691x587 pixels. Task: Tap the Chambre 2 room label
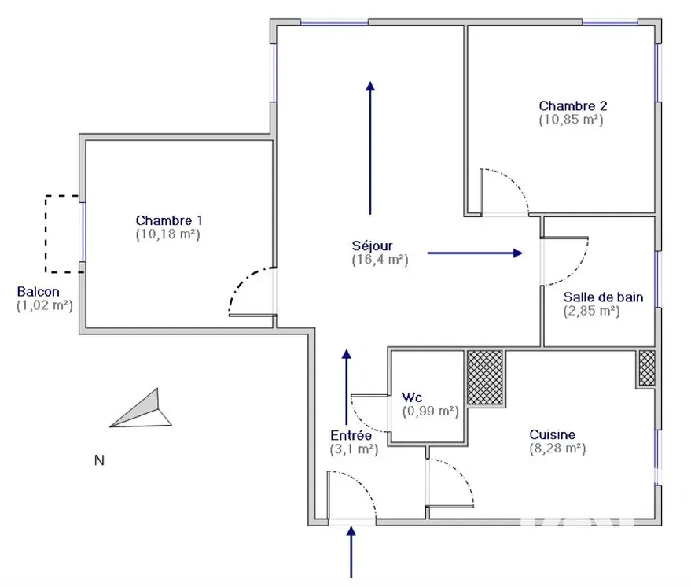pos(572,106)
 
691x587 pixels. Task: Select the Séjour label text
pos(373,245)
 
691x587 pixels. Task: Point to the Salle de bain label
pos(603,297)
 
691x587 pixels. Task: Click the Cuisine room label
pos(552,434)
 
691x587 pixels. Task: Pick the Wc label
pos(413,397)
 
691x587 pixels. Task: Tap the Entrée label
pos(351,435)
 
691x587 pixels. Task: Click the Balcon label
pos(39,292)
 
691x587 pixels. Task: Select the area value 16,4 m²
pos(380,260)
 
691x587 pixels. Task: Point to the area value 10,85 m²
pos(571,120)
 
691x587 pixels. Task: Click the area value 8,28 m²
pos(557,449)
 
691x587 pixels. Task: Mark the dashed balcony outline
pos(49,234)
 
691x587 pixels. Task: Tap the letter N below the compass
pos(99,460)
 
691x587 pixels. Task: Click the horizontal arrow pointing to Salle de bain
pos(475,253)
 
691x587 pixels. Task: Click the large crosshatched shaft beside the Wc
pos(485,378)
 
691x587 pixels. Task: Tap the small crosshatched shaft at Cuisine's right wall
pos(646,367)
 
